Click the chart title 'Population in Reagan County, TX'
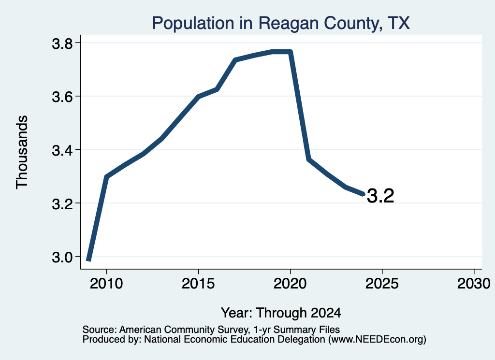coord(281,23)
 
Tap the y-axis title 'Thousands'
coord(22,152)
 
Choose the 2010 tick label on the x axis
coord(106,284)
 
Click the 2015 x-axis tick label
coord(198,284)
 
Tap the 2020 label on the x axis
coord(290,284)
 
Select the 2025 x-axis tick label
coord(382,284)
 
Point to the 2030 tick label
coord(474,284)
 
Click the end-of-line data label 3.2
coord(381,196)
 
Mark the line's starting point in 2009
coord(89,259)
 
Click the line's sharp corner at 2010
coord(107,177)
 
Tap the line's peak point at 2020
coord(291,52)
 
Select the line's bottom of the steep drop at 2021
coord(309,159)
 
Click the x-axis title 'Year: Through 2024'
coord(281,313)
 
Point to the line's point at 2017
coord(235,59)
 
